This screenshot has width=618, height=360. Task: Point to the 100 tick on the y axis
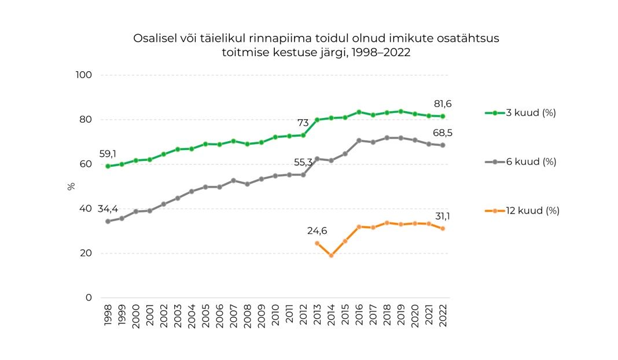84,75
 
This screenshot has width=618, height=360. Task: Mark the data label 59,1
108,154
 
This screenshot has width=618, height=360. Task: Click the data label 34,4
108,208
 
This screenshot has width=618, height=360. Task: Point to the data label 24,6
317,231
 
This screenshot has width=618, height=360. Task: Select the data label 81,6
443,104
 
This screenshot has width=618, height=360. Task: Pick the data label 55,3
303,163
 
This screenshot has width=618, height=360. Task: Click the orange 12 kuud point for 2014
331,255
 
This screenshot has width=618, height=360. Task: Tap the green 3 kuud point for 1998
108,166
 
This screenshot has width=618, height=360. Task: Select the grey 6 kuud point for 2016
359,141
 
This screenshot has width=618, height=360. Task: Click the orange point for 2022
443,229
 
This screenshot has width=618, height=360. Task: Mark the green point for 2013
317,120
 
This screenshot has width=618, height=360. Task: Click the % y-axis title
71,186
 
